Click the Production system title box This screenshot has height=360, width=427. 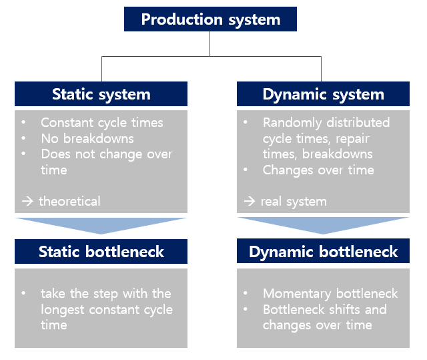click(210, 19)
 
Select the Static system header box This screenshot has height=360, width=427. click(101, 94)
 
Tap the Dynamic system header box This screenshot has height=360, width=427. click(323, 94)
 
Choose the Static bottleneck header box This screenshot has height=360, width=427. click(101, 252)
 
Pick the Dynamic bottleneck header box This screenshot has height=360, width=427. click(323, 252)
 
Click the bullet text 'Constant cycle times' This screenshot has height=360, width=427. click(101, 122)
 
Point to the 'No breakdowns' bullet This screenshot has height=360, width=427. click(87, 138)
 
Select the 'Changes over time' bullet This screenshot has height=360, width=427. click(318, 170)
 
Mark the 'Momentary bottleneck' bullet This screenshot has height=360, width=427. click(330, 293)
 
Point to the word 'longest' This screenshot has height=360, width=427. click(65, 309)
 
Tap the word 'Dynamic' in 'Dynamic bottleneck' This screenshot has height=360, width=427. click(280, 252)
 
